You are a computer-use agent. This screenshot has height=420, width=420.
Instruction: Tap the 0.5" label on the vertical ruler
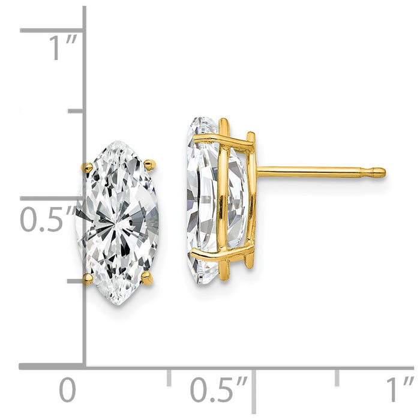pyautogui.click(x=48, y=220)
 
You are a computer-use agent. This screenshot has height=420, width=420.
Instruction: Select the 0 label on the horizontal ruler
pyautogui.click(x=68, y=391)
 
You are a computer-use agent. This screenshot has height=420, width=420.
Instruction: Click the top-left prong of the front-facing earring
pyautogui.click(x=87, y=167)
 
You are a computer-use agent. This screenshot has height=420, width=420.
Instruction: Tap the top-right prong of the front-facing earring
pyautogui.click(x=150, y=164)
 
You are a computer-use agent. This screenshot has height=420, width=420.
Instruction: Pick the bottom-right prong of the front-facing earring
pyautogui.click(x=148, y=277)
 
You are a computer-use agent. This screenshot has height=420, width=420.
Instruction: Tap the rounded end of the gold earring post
pyautogui.click(x=379, y=173)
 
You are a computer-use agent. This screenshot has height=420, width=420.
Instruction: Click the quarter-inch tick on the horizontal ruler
pyautogui.click(x=169, y=377)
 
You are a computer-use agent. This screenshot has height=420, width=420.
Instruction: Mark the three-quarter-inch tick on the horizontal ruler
pyautogui.click(x=337, y=377)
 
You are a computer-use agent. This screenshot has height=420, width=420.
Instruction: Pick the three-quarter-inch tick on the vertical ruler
pyautogui.click(x=76, y=112)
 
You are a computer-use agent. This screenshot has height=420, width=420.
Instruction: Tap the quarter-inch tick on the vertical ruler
pyautogui.click(x=76, y=281)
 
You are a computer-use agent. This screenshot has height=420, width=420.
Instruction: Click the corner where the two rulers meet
pyautogui.click(x=84, y=365)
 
